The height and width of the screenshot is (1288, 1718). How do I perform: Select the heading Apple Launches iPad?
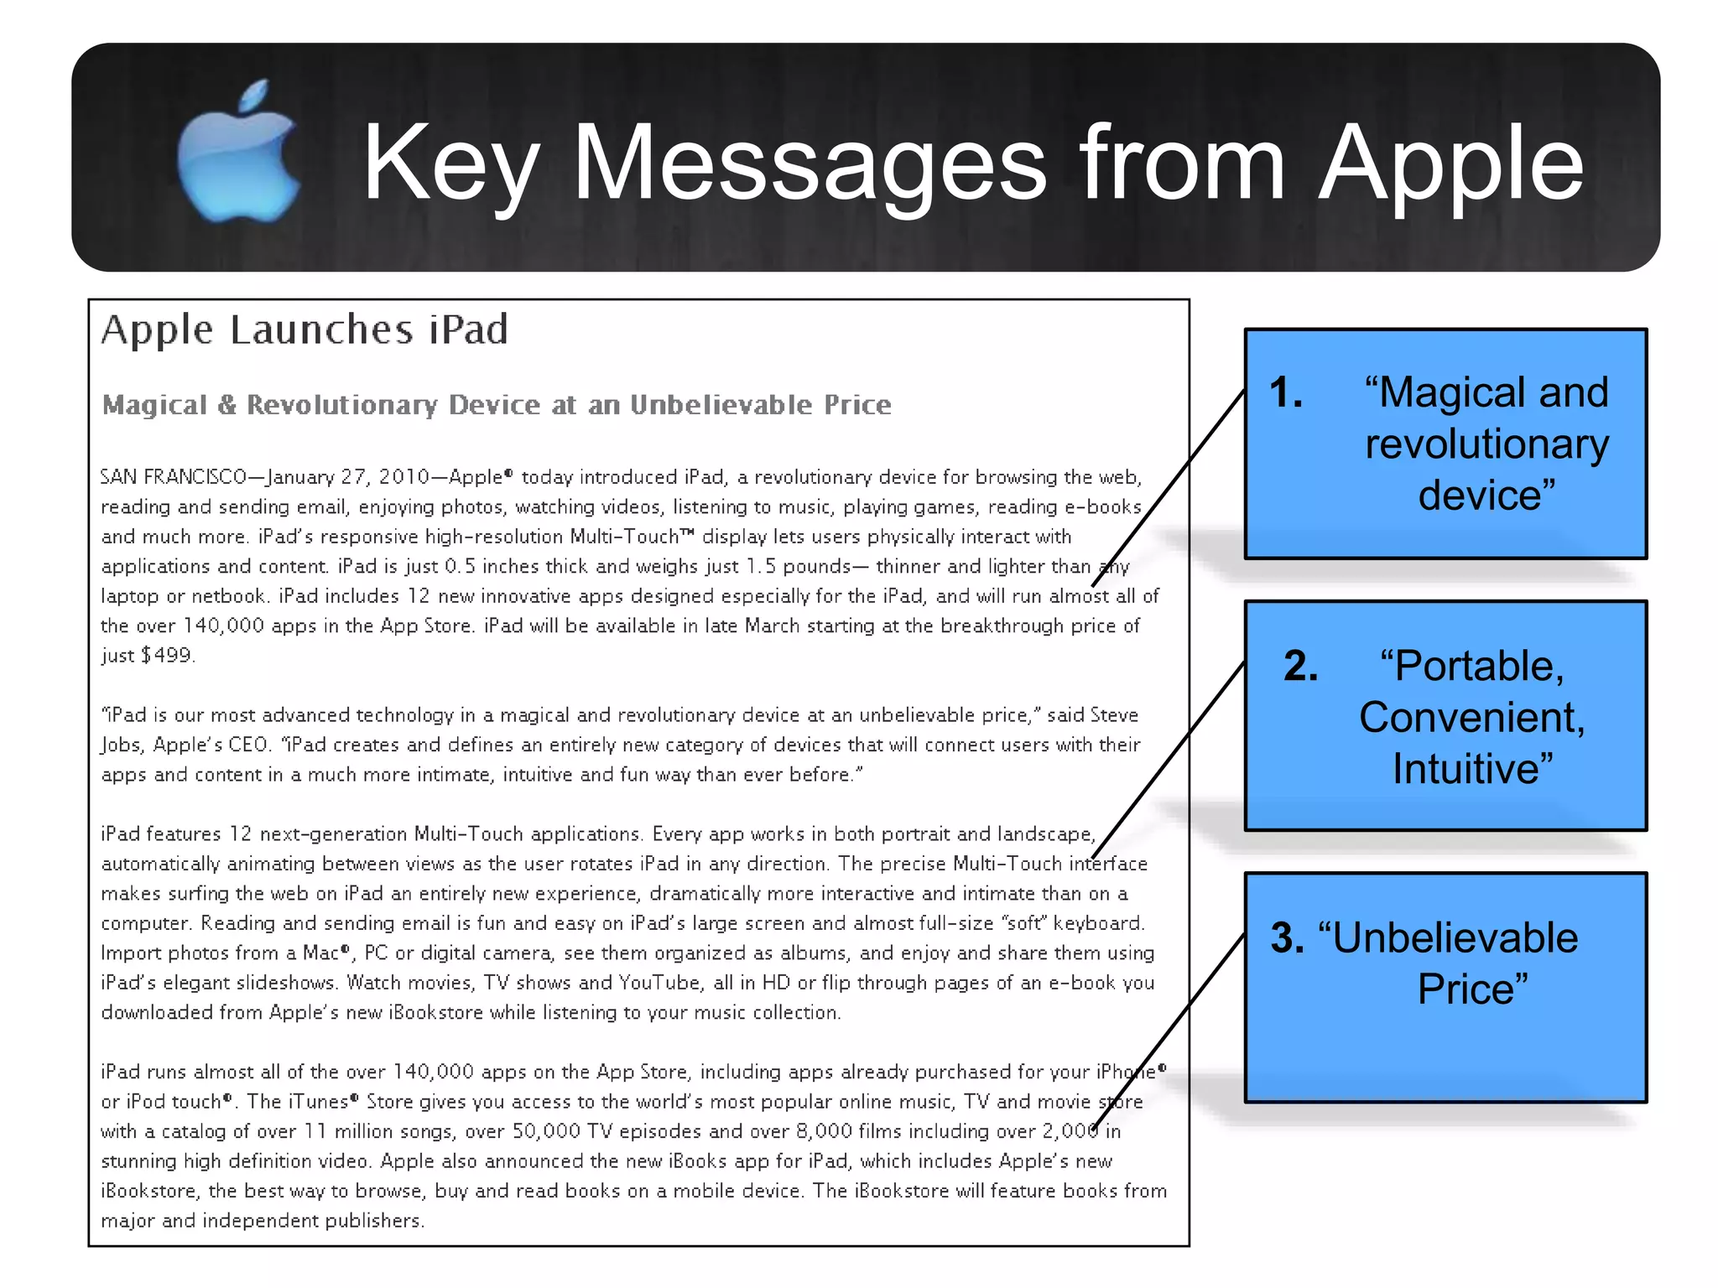(305, 330)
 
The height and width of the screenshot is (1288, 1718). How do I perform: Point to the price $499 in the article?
(167, 655)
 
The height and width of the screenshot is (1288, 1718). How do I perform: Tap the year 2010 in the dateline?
(404, 477)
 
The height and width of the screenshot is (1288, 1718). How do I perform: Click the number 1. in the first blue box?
(1286, 392)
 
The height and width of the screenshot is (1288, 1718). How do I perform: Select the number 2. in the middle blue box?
(1300, 666)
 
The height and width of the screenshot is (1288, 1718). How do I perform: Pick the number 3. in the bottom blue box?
(1287, 937)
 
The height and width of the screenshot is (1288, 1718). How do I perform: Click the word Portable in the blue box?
(1472, 666)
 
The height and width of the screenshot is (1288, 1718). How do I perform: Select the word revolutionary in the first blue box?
(1486, 444)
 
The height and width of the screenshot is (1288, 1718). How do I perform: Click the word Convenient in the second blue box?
(1472, 718)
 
